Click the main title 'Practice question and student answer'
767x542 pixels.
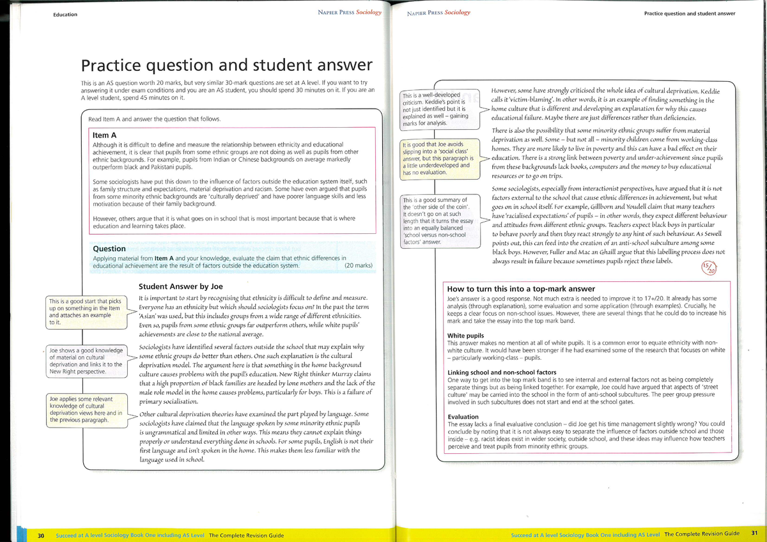click(225, 65)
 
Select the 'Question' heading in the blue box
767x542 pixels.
click(109, 249)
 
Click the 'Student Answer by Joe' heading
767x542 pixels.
click(181, 286)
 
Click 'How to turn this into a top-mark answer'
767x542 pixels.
click(521, 289)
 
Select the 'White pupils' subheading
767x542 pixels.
click(465, 336)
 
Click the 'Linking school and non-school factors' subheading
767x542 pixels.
click(501, 372)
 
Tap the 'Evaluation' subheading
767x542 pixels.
click(463, 416)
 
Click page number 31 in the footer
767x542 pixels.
click(754, 534)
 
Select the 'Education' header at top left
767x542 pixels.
click(65, 15)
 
